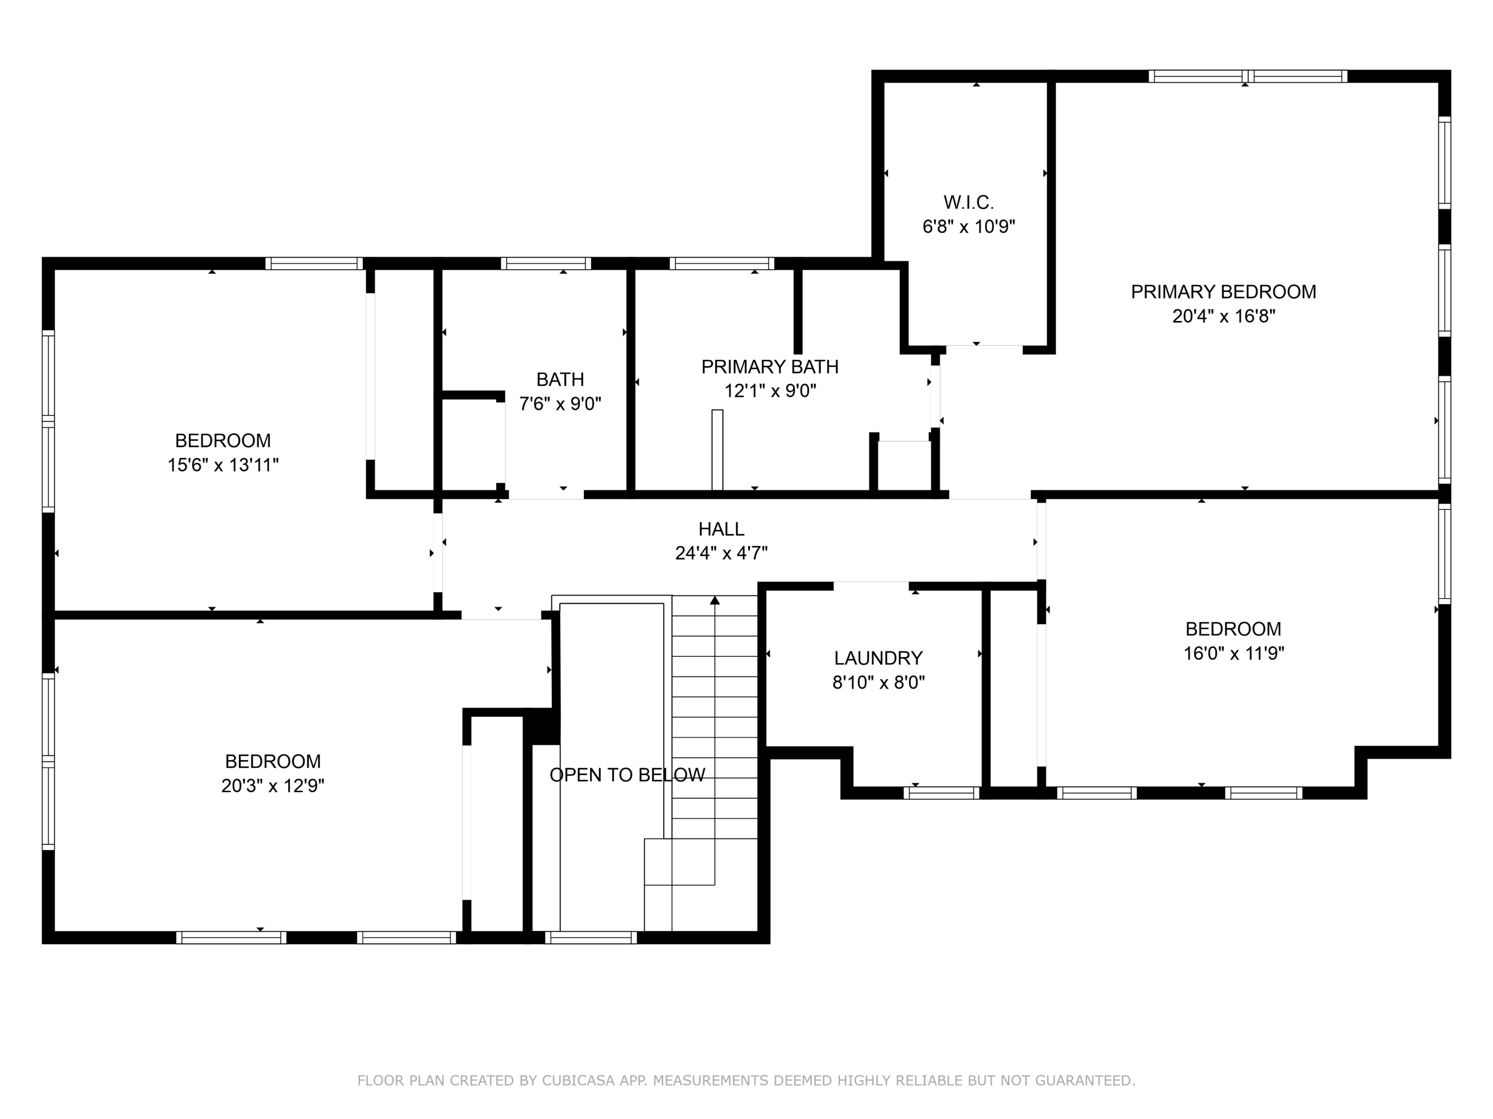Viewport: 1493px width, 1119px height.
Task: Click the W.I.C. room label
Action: [968, 202]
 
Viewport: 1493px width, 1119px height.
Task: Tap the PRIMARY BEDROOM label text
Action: [1223, 292]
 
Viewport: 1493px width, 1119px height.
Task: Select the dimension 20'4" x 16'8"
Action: [1223, 316]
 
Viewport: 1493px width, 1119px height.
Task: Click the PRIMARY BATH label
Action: [769, 367]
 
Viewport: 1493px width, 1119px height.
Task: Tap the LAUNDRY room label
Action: [878, 658]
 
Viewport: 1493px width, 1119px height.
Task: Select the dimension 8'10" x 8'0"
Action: [878, 682]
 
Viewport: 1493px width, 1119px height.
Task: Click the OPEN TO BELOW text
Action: [627, 775]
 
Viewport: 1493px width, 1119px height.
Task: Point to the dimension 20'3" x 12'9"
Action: [273, 786]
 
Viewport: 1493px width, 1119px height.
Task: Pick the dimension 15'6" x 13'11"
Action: [223, 465]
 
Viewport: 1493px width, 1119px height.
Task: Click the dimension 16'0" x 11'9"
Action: [1233, 653]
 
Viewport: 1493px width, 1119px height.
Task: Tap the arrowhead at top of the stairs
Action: [715, 600]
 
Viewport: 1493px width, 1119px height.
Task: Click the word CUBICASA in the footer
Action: [578, 1081]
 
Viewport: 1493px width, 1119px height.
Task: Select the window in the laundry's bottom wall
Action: [942, 793]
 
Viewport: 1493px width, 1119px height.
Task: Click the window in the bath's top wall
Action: [545, 263]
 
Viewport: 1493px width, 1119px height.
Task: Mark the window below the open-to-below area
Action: [591, 937]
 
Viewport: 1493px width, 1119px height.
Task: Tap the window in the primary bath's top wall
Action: [722, 263]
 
